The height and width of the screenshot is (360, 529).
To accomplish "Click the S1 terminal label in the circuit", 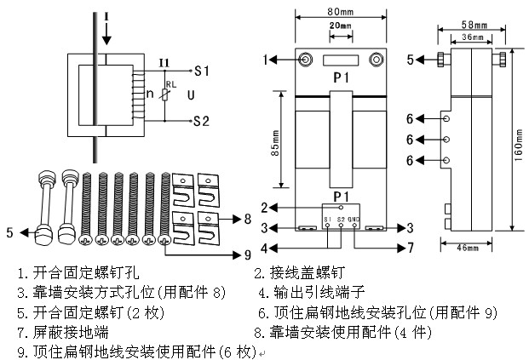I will point(202,69).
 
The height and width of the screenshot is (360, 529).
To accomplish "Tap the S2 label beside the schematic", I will point(202,120).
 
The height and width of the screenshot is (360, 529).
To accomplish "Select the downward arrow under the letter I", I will point(106,34).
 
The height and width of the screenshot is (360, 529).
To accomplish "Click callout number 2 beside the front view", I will point(266,207).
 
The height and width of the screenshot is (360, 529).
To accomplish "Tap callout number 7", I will point(410,248).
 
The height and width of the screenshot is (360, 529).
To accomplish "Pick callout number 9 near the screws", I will point(246,253).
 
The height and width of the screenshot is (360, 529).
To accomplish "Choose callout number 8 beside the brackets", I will point(246,219).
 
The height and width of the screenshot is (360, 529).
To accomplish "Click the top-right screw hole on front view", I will point(376,60).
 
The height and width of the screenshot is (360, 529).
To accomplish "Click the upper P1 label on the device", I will point(341,77).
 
